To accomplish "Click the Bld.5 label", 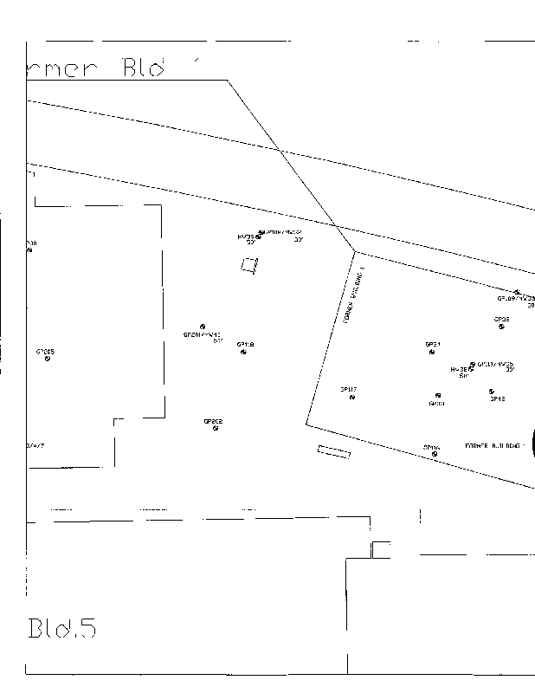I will [61, 628].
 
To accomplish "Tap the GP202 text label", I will [213, 421].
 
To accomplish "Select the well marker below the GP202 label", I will [216, 428].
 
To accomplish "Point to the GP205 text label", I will [45, 351].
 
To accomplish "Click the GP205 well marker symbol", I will [47, 359].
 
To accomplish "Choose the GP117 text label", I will [348, 390].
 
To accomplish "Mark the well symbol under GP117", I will [352, 398].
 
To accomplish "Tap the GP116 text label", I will [431, 447].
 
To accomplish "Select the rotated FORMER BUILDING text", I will [356, 295].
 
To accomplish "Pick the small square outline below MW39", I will [249, 266].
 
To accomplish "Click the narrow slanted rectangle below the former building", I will [333, 451].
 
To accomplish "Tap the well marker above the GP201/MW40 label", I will [203, 327].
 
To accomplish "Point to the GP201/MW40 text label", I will [201, 334].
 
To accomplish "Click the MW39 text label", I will [246, 236].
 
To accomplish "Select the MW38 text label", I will [459, 369].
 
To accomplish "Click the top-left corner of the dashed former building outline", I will [35, 205].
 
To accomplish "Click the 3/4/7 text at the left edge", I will [35, 445].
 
